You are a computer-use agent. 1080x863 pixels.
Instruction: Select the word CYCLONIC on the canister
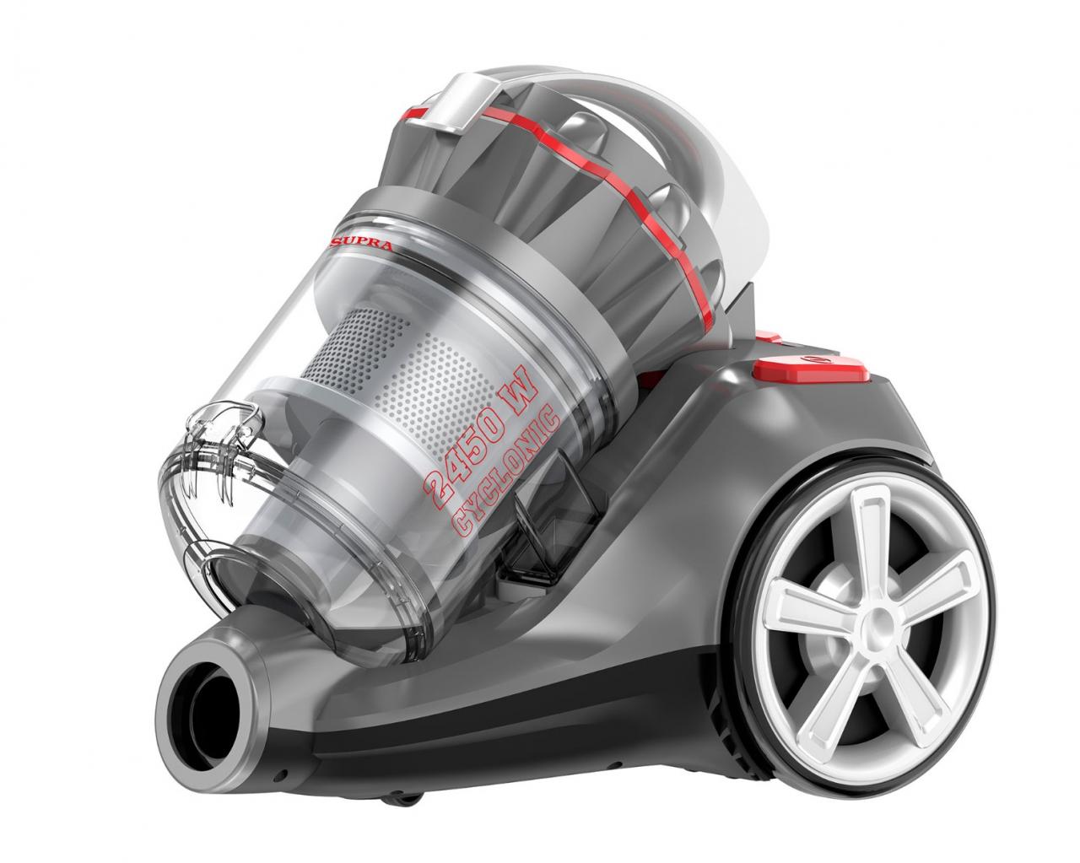pos(507,472)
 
